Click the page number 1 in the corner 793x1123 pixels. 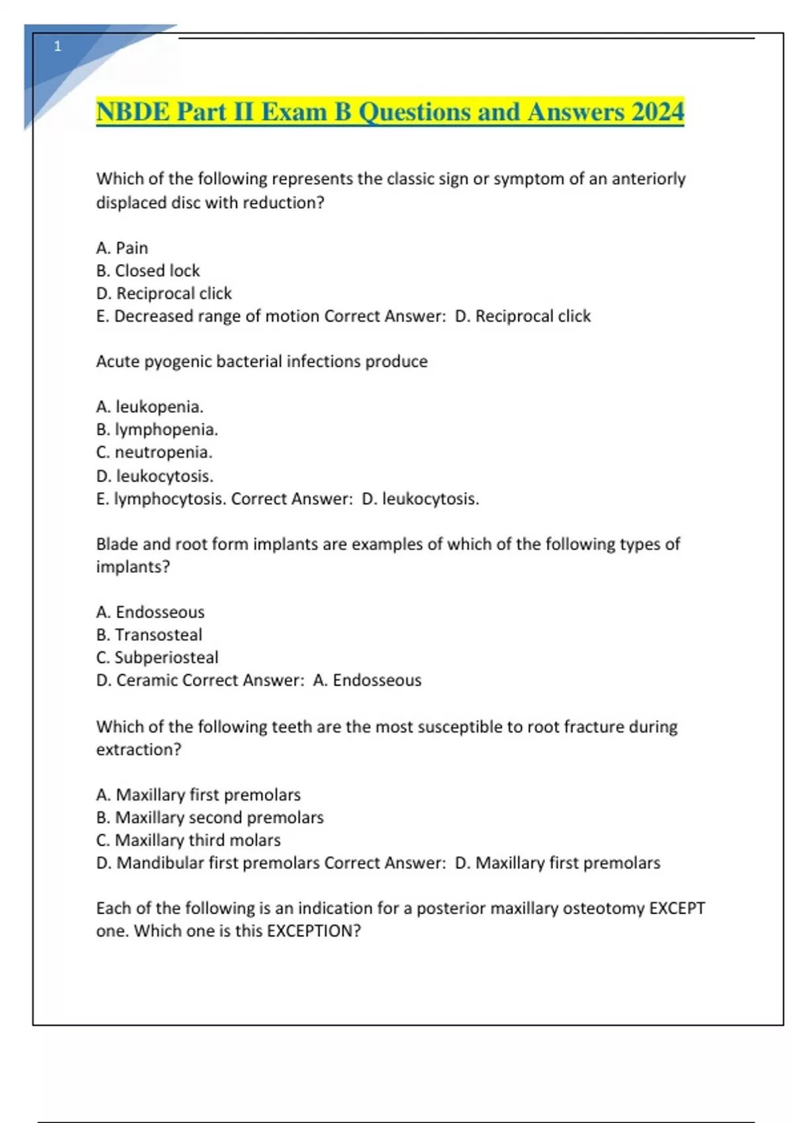pyautogui.click(x=57, y=46)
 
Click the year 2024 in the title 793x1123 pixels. pyautogui.click(x=657, y=112)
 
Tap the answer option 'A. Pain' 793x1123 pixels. pyautogui.click(x=122, y=248)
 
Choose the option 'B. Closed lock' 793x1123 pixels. pyautogui.click(x=148, y=271)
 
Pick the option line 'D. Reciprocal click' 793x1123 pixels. pyautogui.click(x=164, y=293)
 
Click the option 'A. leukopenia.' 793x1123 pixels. pyautogui.click(x=150, y=407)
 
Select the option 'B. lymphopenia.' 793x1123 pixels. pyautogui.click(x=157, y=429)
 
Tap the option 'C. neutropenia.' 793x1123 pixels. pyautogui.click(x=155, y=453)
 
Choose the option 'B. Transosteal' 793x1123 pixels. pyautogui.click(x=149, y=635)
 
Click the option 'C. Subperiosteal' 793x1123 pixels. pyautogui.click(x=157, y=658)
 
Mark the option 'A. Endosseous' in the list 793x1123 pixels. pyautogui.click(x=151, y=612)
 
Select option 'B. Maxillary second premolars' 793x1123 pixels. pyautogui.click(x=210, y=818)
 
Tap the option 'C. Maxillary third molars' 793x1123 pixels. pyautogui.click(x=188, y=840)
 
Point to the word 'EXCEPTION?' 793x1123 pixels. pyautogui.click(x=314, y=931)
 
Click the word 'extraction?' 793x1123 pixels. pyautogui.click(x=139, y=750)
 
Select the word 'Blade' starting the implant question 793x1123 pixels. pyautogui.click(x=117, y=544)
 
